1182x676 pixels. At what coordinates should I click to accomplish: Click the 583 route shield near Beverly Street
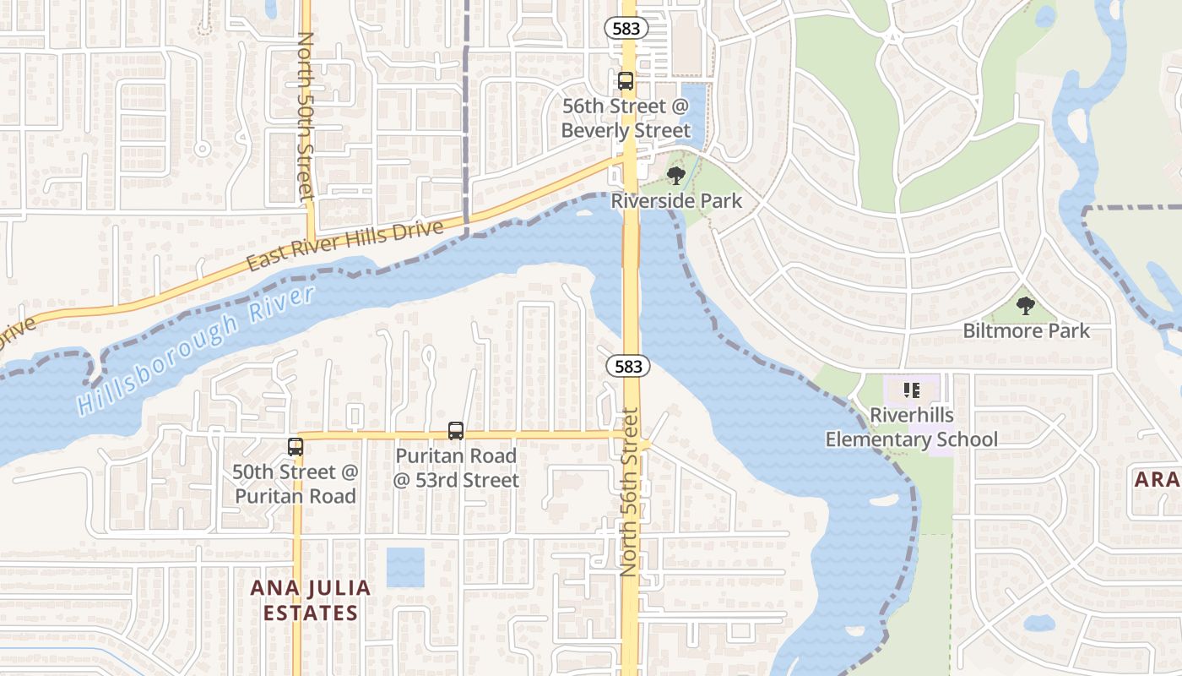[626, 28]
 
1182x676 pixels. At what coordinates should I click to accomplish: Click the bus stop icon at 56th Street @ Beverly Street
[626, 81]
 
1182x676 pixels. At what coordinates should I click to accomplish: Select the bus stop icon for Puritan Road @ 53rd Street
[456, 431]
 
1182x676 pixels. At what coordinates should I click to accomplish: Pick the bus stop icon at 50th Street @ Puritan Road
[295, 447]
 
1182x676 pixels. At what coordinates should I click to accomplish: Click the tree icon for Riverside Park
[675, 176]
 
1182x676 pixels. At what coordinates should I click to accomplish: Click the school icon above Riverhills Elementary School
[912, 390]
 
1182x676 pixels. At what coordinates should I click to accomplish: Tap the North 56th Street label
[629, 492]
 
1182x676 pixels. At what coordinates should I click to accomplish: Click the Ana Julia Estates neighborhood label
[311, 600]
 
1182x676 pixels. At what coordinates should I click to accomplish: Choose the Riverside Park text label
[676, 201]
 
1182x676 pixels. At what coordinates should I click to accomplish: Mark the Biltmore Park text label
[1027, 330]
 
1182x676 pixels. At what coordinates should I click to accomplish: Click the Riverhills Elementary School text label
[912, 428]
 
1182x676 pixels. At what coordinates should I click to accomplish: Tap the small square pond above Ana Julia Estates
[405, 567]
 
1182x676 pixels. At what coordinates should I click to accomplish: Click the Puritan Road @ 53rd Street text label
[456, 468]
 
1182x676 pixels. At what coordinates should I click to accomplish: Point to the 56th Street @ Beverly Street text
[626, 119]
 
